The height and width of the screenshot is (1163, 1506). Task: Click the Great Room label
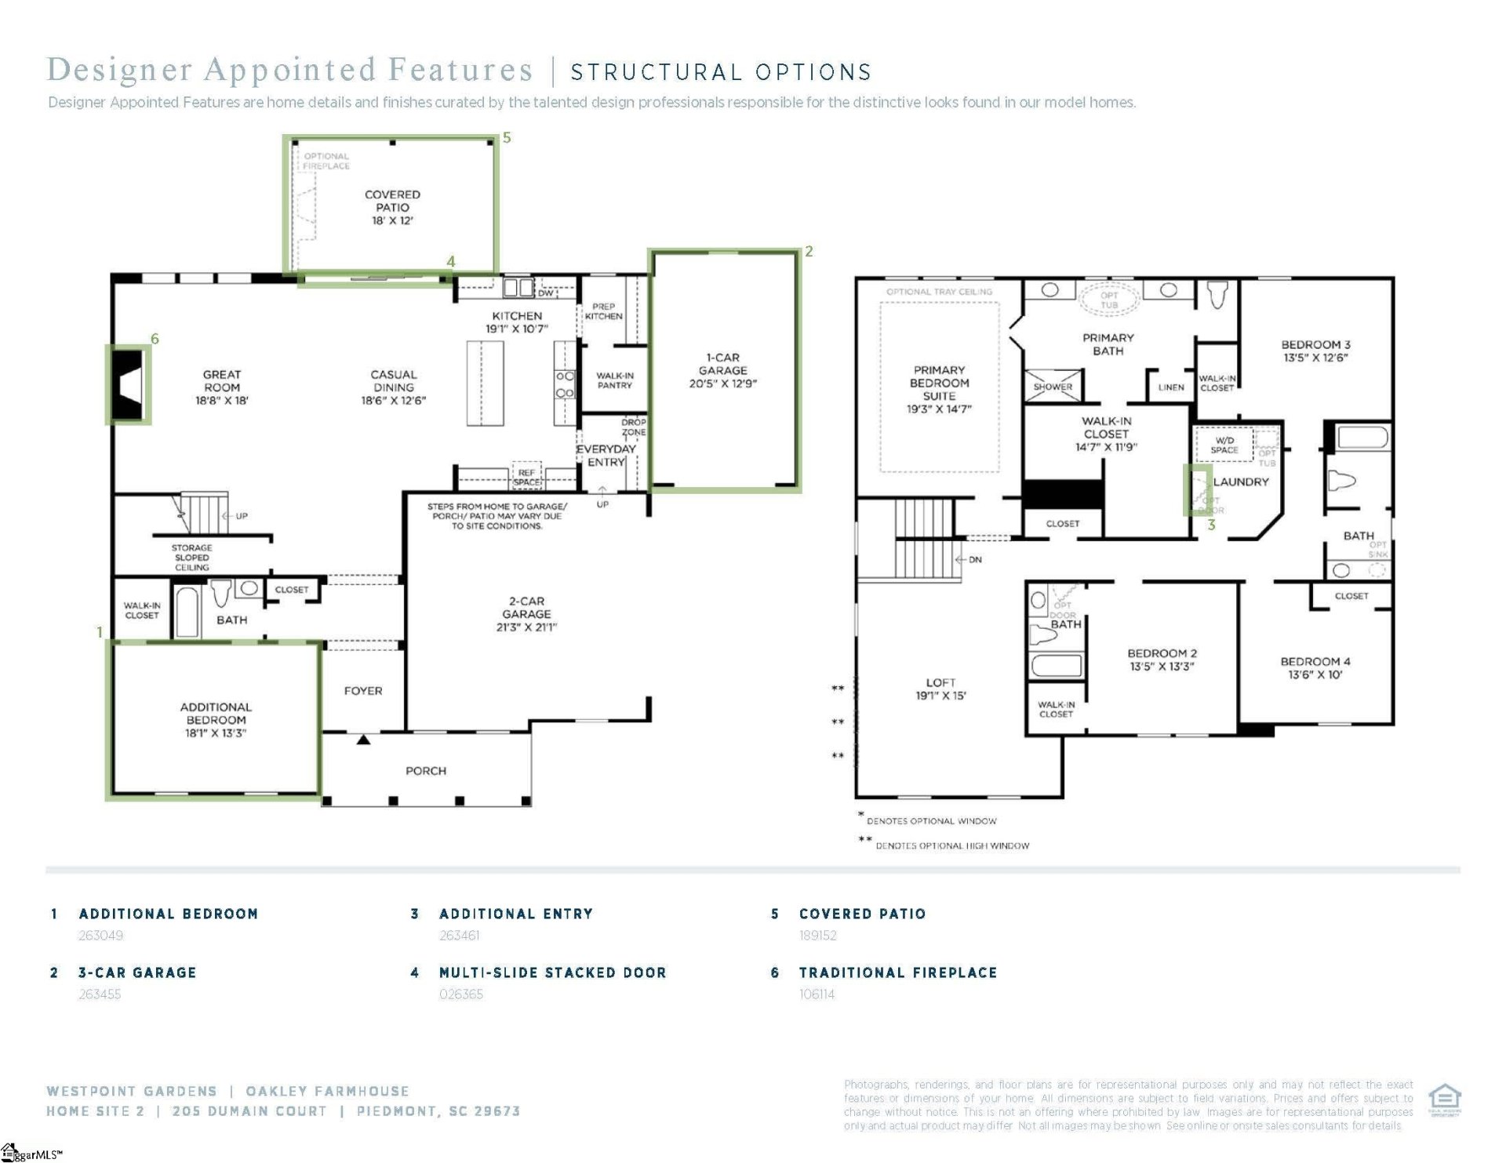[x=222, y=387]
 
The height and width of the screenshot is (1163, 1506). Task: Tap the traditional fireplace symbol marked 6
[x=129, y=385]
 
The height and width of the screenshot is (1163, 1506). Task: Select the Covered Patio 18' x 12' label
[x=392, y=207]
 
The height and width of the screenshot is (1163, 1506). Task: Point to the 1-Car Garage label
[x=722, y=370]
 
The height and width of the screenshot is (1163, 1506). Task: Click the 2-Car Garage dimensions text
[x=526, y=627]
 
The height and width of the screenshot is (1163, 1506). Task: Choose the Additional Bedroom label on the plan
[x=216, y=719]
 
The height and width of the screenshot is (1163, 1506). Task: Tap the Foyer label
[x=363, y=691]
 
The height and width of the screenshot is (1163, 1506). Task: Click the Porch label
[x=426, y=771]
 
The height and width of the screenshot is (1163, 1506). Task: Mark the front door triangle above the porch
[x=363, y=740]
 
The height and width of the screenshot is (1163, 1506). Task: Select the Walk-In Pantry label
[x=614, y=380]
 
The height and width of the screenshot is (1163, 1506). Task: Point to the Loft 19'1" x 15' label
[x=940, y=689]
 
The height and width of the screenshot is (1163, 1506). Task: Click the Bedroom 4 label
[x=1315, y=667]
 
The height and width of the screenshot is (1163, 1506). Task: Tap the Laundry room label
[x=1241, y=482]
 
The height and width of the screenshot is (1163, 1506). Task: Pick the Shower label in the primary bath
[x=1053, y=387]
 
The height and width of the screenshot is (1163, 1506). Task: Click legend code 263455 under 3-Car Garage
[x=100, y=994]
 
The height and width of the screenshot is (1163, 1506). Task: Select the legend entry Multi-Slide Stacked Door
[x=552, y=972]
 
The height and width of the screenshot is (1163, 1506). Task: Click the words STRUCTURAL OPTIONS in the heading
[x=721, y=72]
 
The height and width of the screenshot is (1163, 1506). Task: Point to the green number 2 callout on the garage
[x=809, y=251]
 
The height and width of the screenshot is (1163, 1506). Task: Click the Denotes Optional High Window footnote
[x=951, y=845]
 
